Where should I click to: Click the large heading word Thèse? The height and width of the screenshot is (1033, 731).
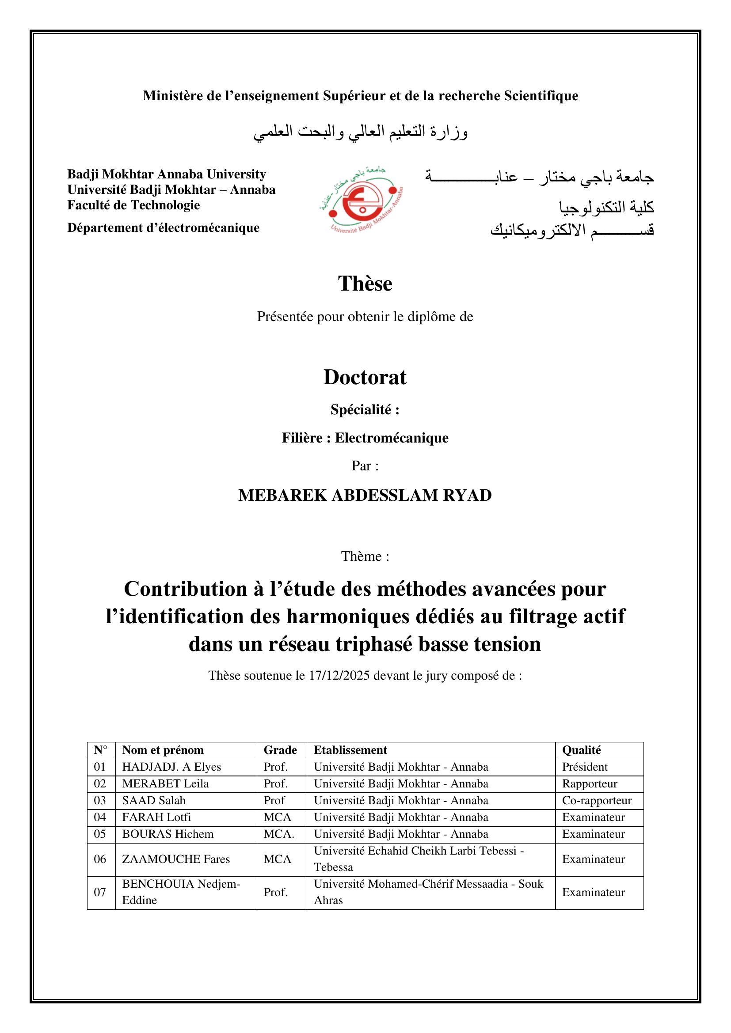click(365, 284)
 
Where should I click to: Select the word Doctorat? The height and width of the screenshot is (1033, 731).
click(365, 378)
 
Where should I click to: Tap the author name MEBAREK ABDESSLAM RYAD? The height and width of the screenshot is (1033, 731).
click(365, 496)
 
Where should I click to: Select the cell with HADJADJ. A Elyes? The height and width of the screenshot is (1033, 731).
click(171, 767)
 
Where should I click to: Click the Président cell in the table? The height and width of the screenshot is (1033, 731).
click(585, 767)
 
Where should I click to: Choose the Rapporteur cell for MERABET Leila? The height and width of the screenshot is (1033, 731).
click(590, 783)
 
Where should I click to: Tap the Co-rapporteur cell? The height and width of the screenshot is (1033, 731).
click(596, 800)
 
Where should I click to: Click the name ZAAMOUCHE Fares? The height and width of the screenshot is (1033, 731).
click(176, 859)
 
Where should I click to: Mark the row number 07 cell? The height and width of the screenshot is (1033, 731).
click(100, 892)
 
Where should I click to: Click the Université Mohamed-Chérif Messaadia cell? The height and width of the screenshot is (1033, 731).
click(428, 892)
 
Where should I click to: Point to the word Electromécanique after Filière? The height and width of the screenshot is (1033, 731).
click(392, 438)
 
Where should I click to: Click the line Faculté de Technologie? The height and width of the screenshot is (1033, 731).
click(133, 205)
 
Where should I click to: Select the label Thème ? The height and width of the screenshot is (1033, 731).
click(365, 556)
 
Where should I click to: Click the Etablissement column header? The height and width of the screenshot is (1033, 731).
click(350, 750)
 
